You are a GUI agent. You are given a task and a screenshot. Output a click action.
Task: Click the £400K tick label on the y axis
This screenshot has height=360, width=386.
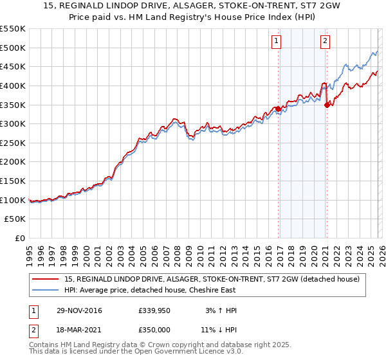[13, 85]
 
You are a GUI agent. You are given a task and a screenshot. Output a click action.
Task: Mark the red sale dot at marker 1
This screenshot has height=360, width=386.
[279, 109]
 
